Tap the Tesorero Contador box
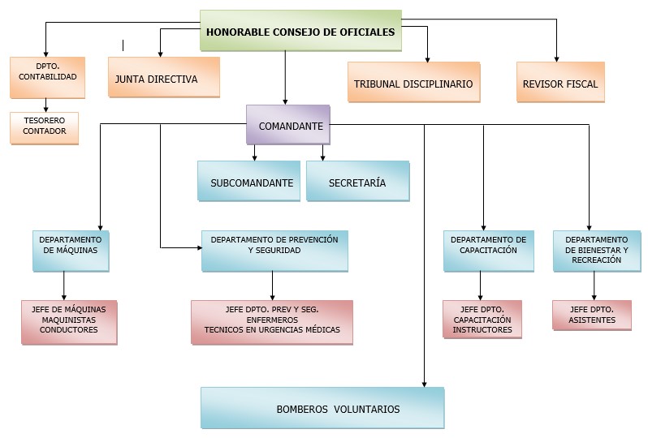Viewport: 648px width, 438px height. [45, 127]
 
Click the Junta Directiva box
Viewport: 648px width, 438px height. [163, 77]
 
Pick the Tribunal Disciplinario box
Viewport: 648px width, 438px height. [413, 82]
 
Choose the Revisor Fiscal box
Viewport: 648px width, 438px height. [560, 82]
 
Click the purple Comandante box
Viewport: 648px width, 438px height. [288, 125]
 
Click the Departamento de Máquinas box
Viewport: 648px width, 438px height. [71, 251]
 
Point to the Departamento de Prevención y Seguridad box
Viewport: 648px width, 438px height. [274, 251]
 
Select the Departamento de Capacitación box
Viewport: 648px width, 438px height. [488, 251]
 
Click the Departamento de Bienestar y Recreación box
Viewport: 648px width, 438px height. [596, 250]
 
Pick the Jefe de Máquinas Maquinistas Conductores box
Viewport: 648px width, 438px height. [70, 321]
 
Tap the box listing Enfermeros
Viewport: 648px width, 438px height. [272, 320]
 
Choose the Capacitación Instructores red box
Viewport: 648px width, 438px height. [482, 319]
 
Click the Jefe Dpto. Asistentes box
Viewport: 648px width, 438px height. [592, 315]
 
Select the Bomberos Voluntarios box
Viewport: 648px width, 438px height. [322, 408]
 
